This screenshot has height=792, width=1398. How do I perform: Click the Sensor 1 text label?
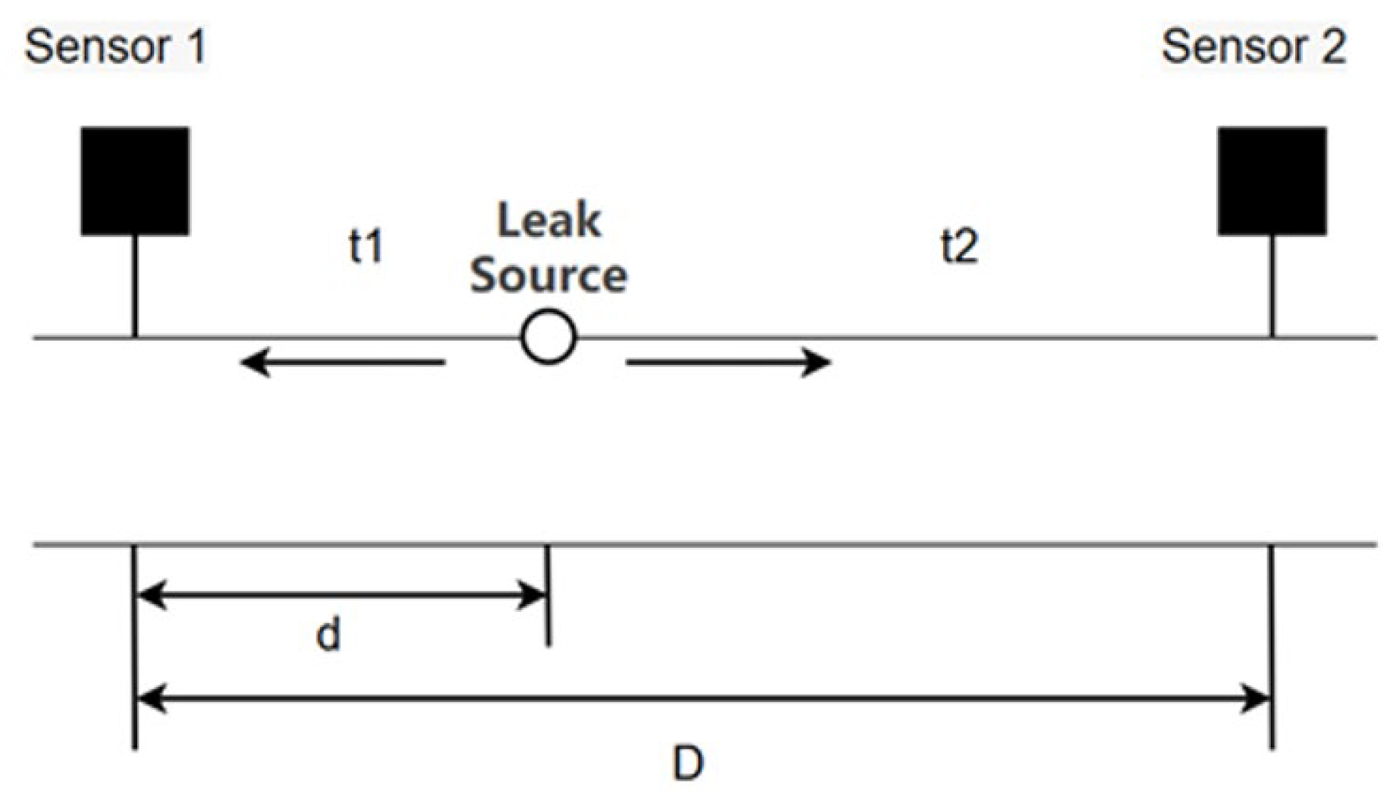pos(116,47)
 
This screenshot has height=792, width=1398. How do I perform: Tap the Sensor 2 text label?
pos(1253,47)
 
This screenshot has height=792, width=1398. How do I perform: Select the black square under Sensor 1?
pos(135,181)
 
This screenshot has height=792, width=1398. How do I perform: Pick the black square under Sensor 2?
pos(1272,181)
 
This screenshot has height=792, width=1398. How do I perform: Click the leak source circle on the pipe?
pos(548,337)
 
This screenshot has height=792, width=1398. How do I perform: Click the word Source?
pos(548,275)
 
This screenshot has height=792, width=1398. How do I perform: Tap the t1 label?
pos(366,246)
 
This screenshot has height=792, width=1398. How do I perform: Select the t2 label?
pos(958,246)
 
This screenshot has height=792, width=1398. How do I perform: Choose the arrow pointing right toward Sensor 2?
pos(728,362)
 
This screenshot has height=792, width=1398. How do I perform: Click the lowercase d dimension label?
pos(328,634)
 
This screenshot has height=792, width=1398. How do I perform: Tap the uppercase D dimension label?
pos(688,763)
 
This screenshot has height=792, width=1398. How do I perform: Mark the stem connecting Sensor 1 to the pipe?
pos(135,286)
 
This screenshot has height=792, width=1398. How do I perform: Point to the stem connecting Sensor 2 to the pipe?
pos(1272,286)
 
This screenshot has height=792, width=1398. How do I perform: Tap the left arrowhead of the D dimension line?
pos(151,698)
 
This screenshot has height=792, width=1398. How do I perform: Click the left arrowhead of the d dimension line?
pos(151,595)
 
